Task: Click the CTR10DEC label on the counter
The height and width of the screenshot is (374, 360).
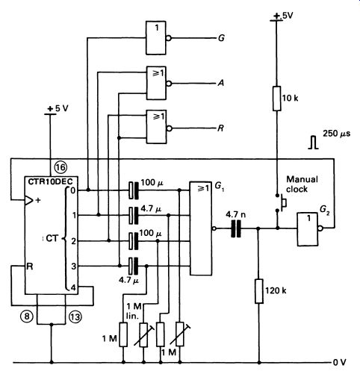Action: pos(50,181)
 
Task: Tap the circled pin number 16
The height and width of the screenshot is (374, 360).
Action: pos(60,167)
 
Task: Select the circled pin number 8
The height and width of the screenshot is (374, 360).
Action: pos(27,317)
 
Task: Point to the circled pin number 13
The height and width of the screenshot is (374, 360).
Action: pos(75,317)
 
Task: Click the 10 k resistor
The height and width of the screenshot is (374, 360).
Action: pos(277,99)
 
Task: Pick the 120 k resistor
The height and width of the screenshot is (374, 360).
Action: pos(259,291)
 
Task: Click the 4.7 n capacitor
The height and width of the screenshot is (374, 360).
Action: pos(236,228)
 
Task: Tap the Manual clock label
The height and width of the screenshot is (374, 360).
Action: pos(302,184)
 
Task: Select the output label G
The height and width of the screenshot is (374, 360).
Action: pos(221,38)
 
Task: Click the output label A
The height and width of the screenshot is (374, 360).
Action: pos(221,83)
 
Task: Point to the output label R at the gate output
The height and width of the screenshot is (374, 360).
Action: pos(220,128)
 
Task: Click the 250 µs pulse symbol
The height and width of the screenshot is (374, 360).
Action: pos(314,143)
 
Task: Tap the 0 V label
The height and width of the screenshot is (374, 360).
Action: pos(339,363)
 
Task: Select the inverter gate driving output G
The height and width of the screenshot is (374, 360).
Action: pos(156,38)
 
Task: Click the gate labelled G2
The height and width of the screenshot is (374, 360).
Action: pos(308,229)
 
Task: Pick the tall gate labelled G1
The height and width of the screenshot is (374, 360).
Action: pos(201,228)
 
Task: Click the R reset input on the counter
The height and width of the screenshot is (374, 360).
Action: pos(30,267)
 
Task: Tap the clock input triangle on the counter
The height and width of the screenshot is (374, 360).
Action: pos(29,200)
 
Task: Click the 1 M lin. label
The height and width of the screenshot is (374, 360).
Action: pos(134,311)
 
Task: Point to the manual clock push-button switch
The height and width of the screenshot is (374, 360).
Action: pos(280,203)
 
